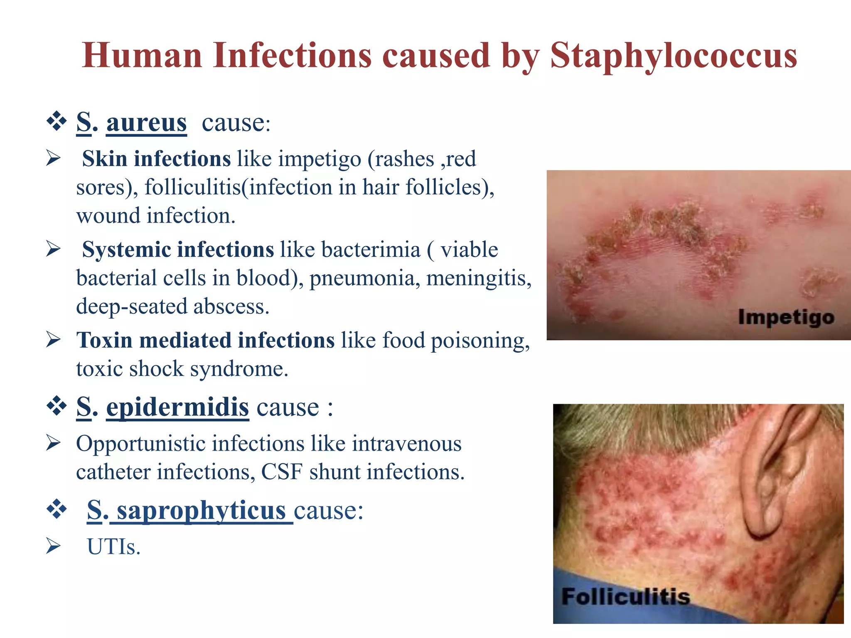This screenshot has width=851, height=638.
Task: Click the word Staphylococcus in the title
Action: click(673, 56)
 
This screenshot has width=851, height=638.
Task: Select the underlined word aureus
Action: click(146, 123)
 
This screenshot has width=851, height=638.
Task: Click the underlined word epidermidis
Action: click(177, 407)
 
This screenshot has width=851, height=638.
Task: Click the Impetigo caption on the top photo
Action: click(786, 317)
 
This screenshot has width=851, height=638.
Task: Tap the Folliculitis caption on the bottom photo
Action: click(625, 597)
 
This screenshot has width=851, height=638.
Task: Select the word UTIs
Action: click(113, 547)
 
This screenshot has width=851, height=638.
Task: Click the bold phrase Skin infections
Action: click(156, 159)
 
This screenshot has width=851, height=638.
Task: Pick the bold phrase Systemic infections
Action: click(178, 250)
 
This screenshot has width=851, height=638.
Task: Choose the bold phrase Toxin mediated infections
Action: click(205, 341)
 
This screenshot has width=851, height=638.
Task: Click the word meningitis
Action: click(479, 278)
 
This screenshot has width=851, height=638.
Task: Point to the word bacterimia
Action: click(371, 250)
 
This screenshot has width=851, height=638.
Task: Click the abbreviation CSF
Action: click(282, 472)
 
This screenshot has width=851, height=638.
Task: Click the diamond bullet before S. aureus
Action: click(57, 122)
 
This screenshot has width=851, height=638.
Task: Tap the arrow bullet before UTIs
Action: click(54, 546)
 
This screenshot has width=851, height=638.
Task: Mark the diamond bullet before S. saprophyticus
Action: click(57, 509)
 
